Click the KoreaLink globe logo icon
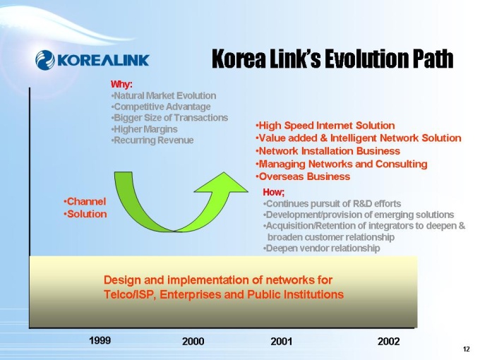[x=45, y=60]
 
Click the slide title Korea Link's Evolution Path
[x=332, y=59]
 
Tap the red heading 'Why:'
[x=121, y=84]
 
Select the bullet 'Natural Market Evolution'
[x=164, y=96]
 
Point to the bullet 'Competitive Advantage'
[x=161, y=107]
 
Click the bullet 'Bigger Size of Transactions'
[x=170, y=118]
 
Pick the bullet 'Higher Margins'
[x=145, y=129]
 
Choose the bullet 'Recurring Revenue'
[x=152, y=140]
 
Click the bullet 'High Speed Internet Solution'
[x=325, y=126]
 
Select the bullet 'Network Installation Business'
[x=328, y=151]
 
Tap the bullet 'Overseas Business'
[x=303, y=176]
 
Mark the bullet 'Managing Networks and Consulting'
[x=342, y=164]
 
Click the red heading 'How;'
[x=274, y=192]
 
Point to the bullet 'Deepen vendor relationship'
[x=321, y=248]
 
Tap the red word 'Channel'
[x=85, y=201]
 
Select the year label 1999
[x=100, y=340]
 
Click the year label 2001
[x=282, y=342]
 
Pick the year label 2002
[x=389, y=342]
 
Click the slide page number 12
[x=466, y=349]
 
